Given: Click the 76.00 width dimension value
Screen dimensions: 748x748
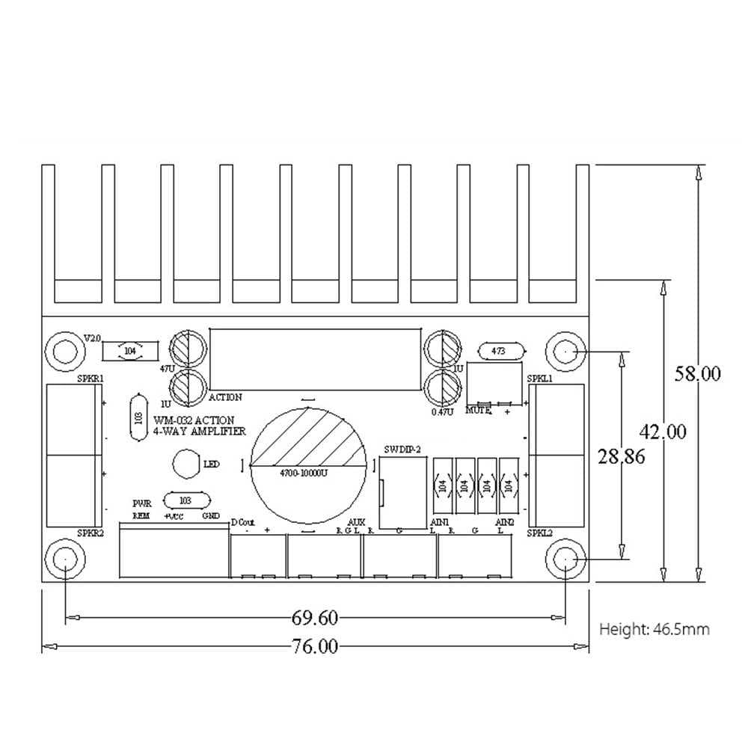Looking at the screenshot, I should pos(315,646).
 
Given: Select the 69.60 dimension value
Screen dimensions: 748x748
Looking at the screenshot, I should pos(315,618).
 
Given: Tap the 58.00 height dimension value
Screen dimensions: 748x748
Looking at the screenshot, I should pos(697,373).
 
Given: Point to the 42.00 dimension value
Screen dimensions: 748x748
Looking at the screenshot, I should pos(663,432).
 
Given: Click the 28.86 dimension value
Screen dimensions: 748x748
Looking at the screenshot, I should pos(621,456).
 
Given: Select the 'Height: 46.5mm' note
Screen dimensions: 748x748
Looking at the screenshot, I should pos(654,629).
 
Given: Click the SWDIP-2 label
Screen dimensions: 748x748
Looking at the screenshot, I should pos(403,449).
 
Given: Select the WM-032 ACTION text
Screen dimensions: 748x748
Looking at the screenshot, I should pos(194,420).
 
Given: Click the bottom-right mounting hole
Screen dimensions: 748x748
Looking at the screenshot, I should pos(566,560).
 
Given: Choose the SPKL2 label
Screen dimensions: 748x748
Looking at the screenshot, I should pos(540,533).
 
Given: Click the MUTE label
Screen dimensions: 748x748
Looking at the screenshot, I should pos(478,410).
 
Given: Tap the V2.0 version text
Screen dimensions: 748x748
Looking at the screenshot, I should pos(91,339).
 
